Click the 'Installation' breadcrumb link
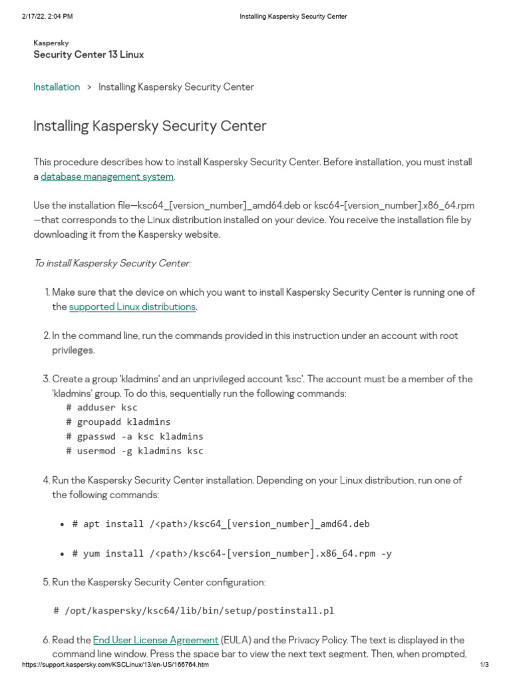pyautogui.click(x=57, y=87)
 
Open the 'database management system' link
pyautogui.click(x=106, y=176)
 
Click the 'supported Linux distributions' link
pyautogui.click(x=132, y=306)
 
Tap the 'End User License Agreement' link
pyautogui.click(x=156, y=639)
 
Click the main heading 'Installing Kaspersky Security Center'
pyautogui.click(x=150, y=126)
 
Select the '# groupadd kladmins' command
pyautogui.click(x=118, y=422)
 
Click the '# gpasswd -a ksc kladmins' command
pyautogui.click(x=134, y=436)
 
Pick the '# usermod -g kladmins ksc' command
pyautogui.click(x=134, y=451)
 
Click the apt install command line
pyautogui.click(x=221, y=523)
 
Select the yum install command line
pyautogui.click(x=232, y=553)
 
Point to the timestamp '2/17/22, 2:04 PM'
pyautogui.click(x=47, y=16)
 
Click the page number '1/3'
pyautogui.click(x=484, y=665)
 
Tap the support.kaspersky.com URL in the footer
pyautogui.click(x=115, y=665)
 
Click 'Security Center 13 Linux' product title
pyautogui.click(x=88, y=55)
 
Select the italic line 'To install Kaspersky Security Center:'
pyautogui.click(x=112, y=263)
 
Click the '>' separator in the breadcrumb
pyautogui.click(x=89, y=87)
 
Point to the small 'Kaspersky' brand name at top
pyautogui.click(x=51, y=43)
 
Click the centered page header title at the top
pyautogui.click(x=293, y=16)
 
